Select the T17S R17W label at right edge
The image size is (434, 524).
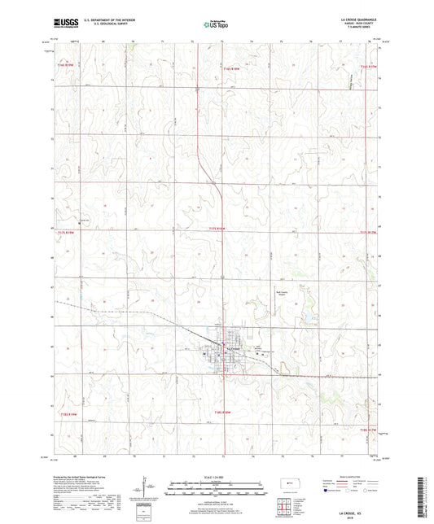click(369, 232)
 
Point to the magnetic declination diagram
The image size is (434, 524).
click(143, 492)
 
